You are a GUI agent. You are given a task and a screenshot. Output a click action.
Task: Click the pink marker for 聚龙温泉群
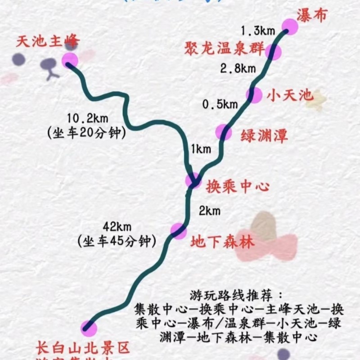coord(273,52)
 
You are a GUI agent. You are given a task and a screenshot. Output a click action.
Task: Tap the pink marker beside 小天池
coord(254,95)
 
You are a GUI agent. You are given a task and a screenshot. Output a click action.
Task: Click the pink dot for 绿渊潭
coord(224,132)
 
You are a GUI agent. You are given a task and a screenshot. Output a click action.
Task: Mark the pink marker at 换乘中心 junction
coord(194,181)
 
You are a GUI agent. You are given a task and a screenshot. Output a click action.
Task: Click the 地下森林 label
coord(222,242)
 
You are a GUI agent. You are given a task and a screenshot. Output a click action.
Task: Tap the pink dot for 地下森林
coord(178,231)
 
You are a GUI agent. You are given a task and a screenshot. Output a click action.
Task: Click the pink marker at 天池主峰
coord(70,60)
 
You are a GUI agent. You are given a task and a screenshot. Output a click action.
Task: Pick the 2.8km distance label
coord(238,68)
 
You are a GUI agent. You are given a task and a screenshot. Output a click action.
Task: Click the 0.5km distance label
coord(220,104)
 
